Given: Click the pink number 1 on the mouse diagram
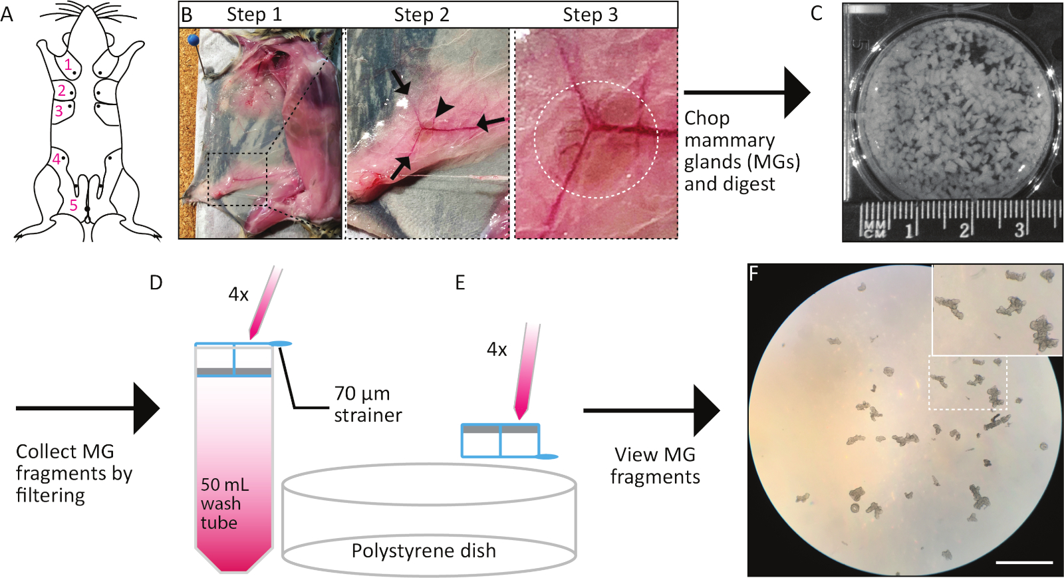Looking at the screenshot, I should coord(68,65).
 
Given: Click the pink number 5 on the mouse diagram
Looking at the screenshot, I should coord(74,206).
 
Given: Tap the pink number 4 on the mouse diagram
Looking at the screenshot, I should coord(57,158).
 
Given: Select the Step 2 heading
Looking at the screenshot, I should coord(421,15).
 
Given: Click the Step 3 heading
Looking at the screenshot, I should coord(590,15).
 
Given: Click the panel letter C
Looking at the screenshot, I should coord(816,13).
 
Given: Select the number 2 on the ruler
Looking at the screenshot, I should coord(964,230).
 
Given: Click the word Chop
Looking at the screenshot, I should coord(707,118).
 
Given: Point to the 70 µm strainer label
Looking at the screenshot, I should coord(368,404).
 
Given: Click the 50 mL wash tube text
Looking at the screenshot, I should coord(221,504).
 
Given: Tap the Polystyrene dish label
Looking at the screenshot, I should coord(424,551).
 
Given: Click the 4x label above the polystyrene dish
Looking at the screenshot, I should coord(497,349).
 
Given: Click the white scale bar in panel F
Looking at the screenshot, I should coord(1024,562).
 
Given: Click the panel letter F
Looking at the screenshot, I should coord(754,273).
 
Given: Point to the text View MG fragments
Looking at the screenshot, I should coord(655,466).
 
